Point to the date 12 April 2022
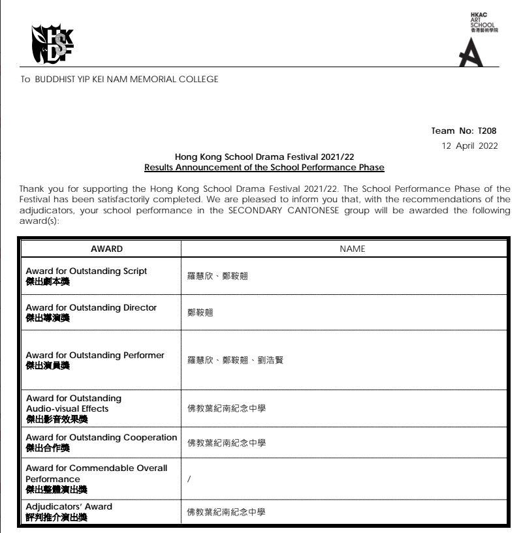pyautogui.click(x=470, y=145)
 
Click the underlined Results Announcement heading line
pyautogui.click(x=264, y=168)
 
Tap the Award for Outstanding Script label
pyautogui.click(x=86, y=271)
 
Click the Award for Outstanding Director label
pyautogui.click(x=91, y=307)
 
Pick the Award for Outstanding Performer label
pyautogui.click(x=95, y=356)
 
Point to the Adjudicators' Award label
pyautogui.click(x=69, y=506)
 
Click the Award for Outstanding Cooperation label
pyautogui.click(x=101, y=437)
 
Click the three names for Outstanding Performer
pyautogui.click(x=235, y=360)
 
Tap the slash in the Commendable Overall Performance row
pyautogui.click(x=189, y=479)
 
